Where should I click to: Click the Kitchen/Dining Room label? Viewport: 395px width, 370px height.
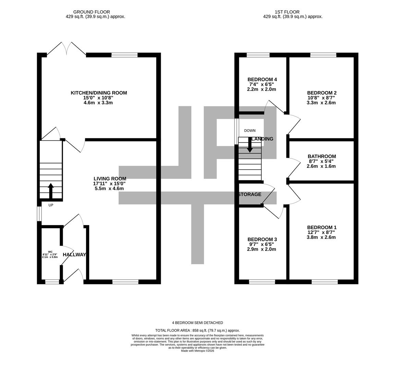tap(99, 93)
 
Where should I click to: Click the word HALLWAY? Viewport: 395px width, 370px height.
tap(74, 255)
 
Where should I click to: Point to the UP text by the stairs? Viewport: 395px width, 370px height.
tap(51, 205)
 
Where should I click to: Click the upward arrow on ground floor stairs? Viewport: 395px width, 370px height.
tap(51, 190)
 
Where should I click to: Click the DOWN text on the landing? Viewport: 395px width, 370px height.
tap(250, 131)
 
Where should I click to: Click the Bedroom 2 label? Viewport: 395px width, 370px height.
tap(322, 93)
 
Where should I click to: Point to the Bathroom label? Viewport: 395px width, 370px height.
tap(322, 157)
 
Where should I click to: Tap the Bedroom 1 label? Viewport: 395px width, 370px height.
tap(322, 227)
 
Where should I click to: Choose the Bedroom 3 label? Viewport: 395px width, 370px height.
tap(262, 239)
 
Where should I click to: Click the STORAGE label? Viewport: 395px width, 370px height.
tap(250, 194)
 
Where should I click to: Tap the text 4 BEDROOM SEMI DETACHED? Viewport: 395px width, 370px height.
tap(197, 323)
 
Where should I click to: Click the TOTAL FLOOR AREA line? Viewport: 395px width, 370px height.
tap(197, 330)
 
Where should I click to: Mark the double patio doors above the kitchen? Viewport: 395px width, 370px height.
tap(67, 49)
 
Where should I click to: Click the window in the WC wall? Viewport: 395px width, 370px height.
tap(52, 282)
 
